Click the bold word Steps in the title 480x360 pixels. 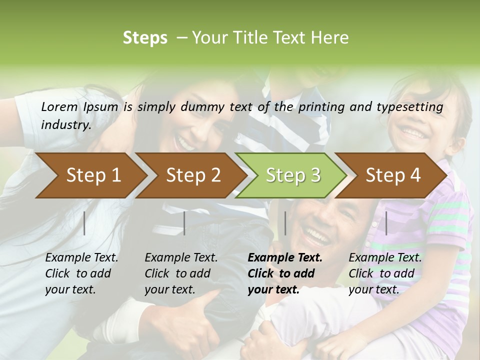145,38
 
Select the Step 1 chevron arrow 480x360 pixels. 90,175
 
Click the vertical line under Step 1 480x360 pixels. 84,223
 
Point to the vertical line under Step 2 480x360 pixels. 184,223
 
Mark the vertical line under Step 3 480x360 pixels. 285,223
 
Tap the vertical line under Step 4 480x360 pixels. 386,223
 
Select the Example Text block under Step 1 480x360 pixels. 81,273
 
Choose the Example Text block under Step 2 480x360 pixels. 181,273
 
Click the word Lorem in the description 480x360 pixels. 59,106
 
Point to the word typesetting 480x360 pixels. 410,107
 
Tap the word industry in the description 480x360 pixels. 66,125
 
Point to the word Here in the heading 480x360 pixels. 329,38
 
